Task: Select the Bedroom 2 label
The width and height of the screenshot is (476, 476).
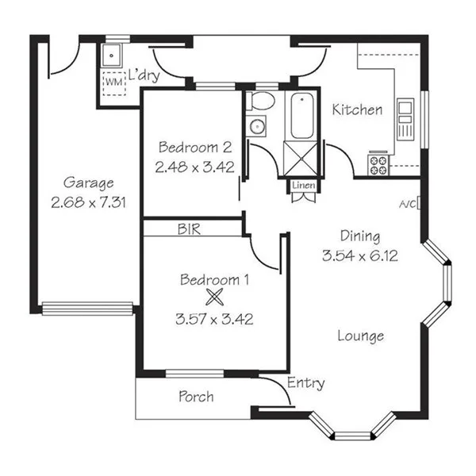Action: coord(194,147)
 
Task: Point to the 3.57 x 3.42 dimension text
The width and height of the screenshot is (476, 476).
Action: coord(213,321)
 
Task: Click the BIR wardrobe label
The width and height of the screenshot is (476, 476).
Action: coord(188,229)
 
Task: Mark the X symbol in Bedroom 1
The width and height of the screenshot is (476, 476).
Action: coord(213,298)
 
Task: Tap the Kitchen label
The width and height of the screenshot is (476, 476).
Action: coord(357,110)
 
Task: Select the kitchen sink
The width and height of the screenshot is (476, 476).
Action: coord(405,117)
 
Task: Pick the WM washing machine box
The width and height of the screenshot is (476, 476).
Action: coord(113,81)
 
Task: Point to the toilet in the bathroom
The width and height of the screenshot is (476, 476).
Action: coord(260,102)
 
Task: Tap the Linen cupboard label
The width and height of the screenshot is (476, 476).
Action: coord(304,186)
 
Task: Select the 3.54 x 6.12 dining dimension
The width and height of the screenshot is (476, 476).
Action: coord(360,255)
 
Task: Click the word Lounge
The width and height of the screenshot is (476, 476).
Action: coord(360,336)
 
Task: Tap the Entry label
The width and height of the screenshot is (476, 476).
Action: coord(305,383)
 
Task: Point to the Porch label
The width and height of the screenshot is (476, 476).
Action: coord(195,396)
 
